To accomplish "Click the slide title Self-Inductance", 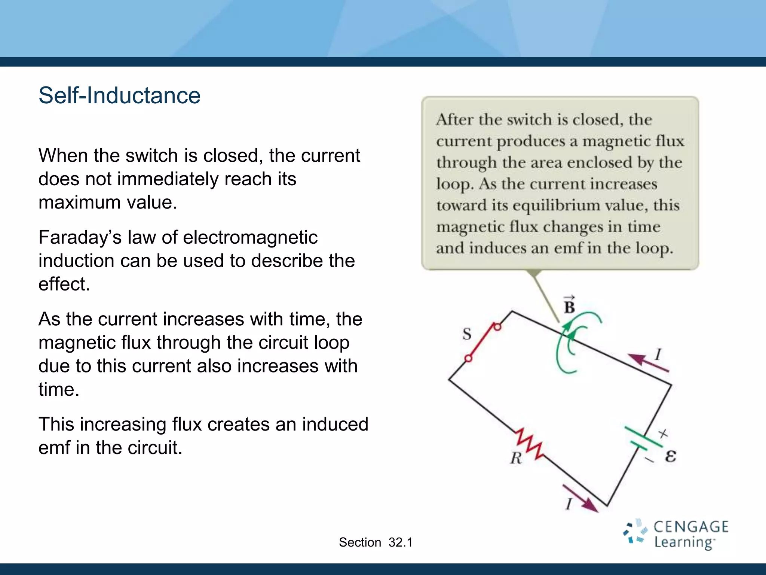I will [119, 95].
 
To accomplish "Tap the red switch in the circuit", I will [482, 342].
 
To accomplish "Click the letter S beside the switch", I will [467, 334].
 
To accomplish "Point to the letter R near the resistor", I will [516, 457].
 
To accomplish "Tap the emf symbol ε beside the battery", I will [671, 456].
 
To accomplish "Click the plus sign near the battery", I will [663, 433].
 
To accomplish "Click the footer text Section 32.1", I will [376, 542].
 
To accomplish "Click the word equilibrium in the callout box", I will [563, 205].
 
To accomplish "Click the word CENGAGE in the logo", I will [691, 527].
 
